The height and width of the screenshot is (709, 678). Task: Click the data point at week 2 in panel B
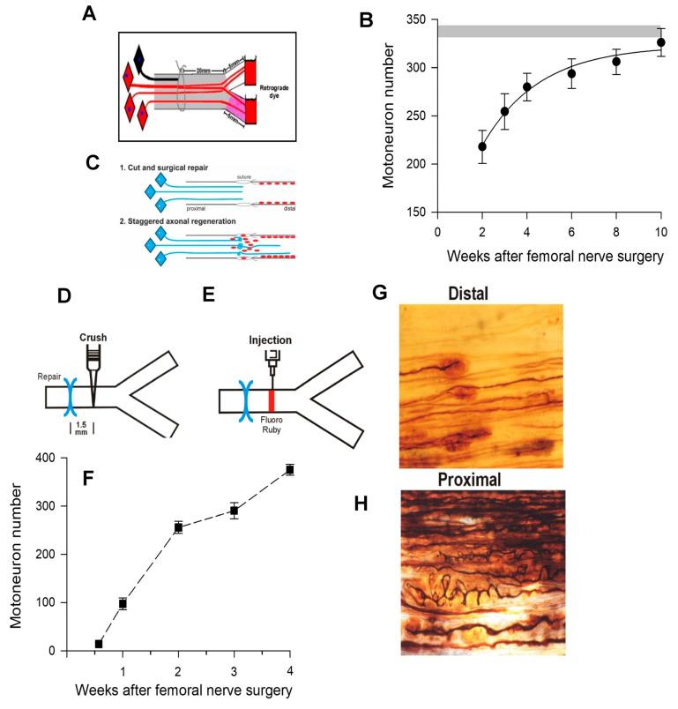point(481,147)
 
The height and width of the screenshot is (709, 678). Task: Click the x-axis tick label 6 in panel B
point(571,231)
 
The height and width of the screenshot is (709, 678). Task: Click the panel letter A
point(89,14)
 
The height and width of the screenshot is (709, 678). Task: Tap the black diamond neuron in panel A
point(138,59)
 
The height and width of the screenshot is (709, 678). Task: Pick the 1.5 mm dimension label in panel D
point(80,428)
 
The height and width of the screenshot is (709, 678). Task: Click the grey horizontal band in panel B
point(547,32)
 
